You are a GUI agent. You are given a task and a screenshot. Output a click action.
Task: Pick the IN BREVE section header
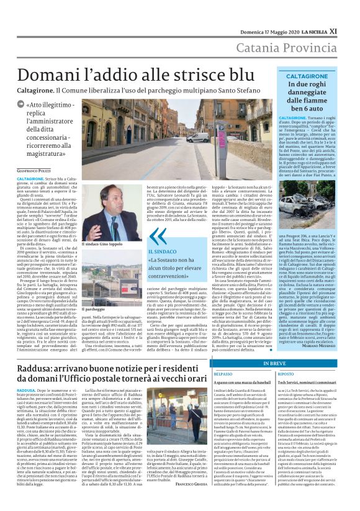point(264,346)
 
